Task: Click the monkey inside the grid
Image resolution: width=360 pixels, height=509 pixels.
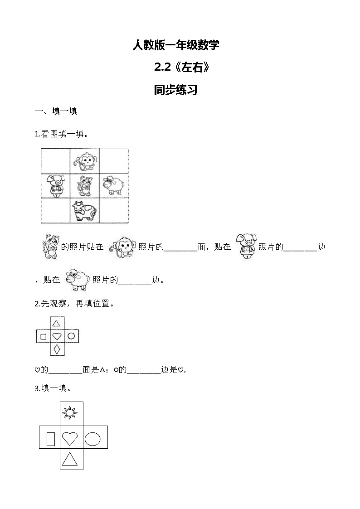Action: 85,161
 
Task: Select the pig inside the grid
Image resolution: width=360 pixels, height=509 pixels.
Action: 56,186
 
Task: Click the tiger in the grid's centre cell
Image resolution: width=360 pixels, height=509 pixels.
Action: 84,186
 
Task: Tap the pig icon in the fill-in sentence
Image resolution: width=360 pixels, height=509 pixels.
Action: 247,247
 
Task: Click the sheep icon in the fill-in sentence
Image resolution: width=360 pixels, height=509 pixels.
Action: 78,281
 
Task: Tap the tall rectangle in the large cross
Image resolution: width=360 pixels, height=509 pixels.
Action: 51,438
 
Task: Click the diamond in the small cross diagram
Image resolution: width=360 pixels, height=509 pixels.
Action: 57,349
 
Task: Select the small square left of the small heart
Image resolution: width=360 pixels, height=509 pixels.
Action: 44,337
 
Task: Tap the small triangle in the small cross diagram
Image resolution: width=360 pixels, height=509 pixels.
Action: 57,324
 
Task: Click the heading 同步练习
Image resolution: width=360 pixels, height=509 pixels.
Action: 175,90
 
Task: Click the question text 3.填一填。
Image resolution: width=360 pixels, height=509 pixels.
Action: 53,388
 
